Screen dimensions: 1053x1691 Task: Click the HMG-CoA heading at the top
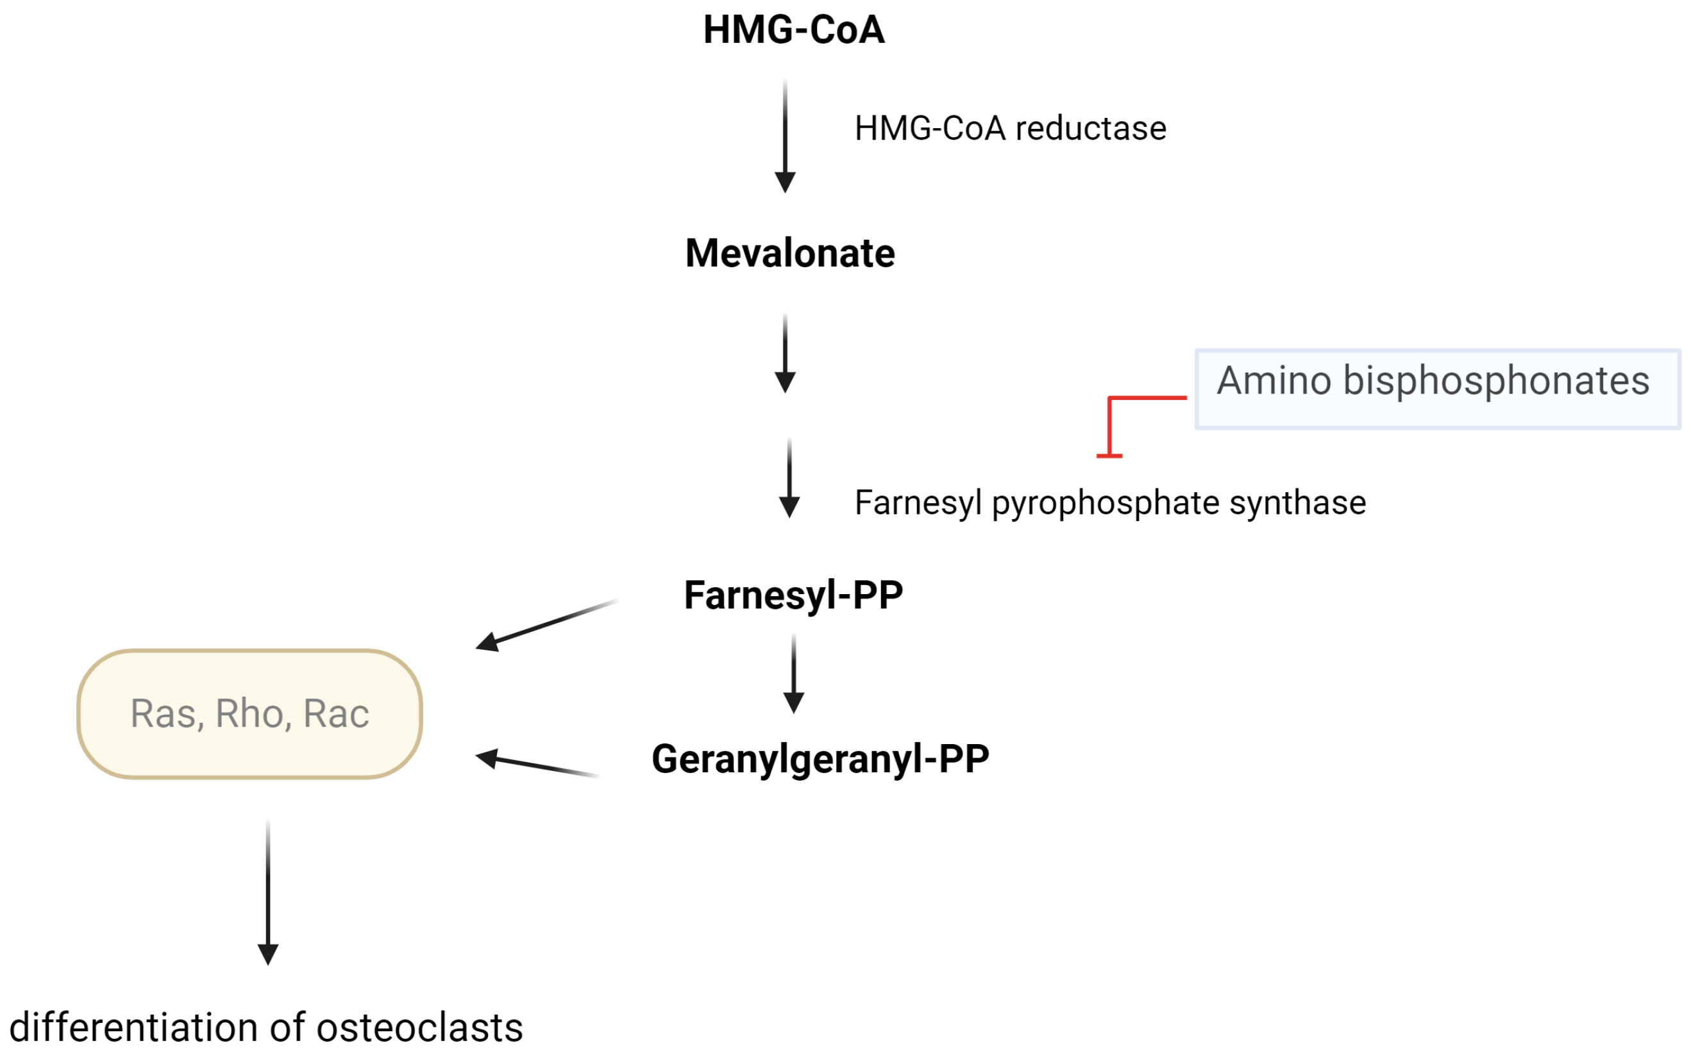click(794, 30)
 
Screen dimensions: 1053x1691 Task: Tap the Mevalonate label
click(789, 254)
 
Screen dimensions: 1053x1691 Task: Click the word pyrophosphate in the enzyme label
click(1105, 504)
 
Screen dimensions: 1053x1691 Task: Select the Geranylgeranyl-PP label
click(820, 759)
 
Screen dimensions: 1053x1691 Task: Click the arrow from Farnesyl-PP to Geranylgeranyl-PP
click(794, 674)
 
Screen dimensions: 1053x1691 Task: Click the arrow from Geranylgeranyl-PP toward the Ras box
click(537, 764)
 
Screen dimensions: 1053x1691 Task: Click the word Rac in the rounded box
click(336, 714)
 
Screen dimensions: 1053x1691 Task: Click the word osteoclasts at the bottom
click(419, 1028)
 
